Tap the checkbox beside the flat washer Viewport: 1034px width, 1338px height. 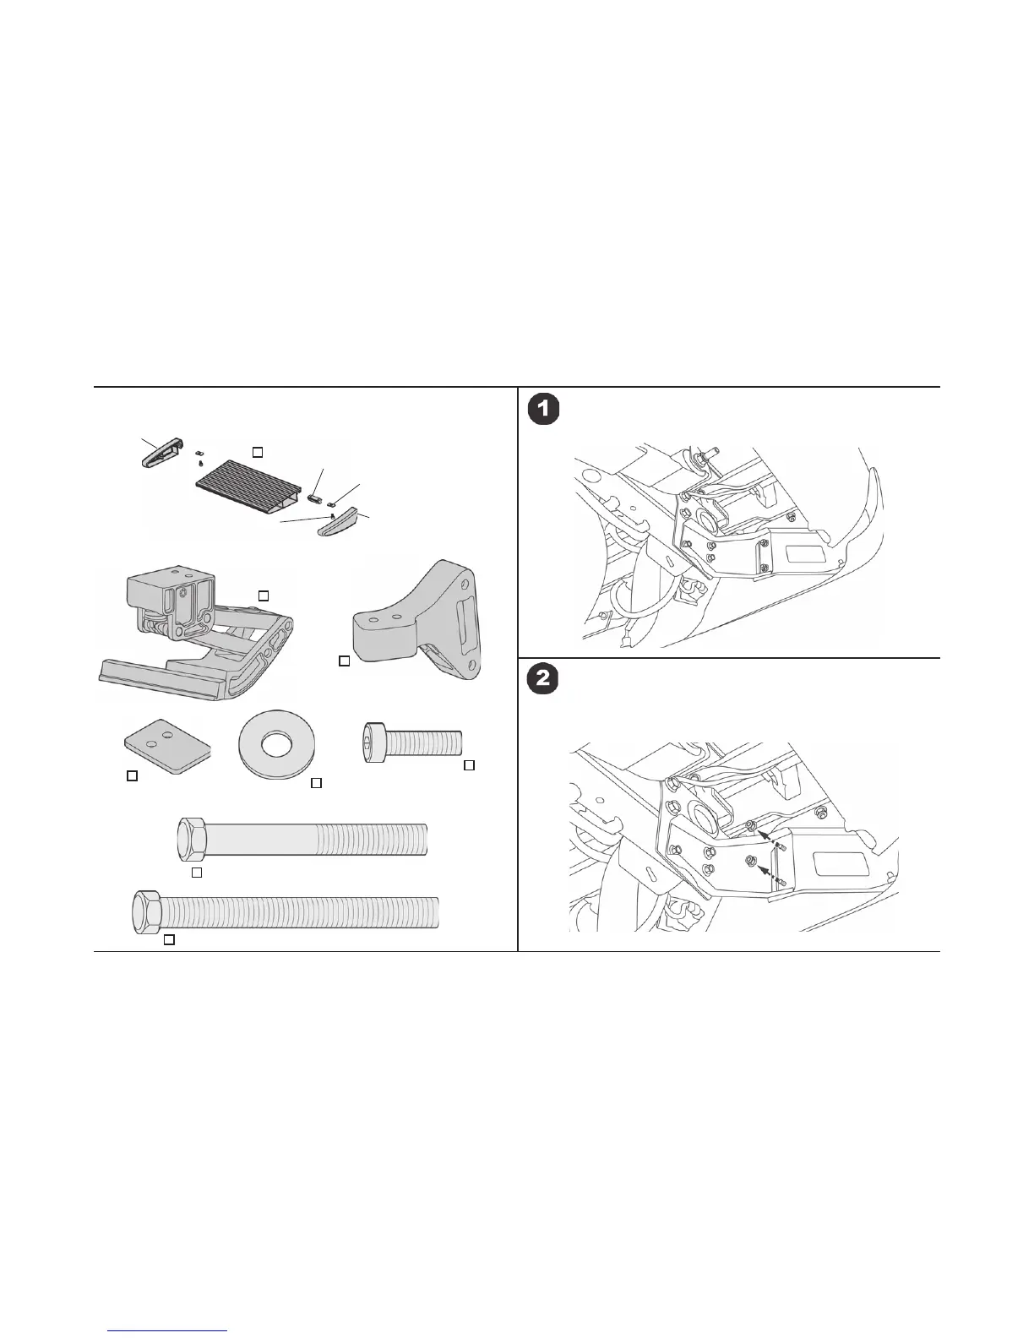[x=317, y=783]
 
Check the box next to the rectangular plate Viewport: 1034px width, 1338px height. [x=132, y=775]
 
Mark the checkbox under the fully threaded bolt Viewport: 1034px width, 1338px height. [x=169, y=939]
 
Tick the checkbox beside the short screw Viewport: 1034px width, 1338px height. [x=470, y=765]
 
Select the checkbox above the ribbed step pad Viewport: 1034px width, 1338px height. [x=258, y=452]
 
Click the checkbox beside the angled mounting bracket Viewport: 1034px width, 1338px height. [x=344, y=661]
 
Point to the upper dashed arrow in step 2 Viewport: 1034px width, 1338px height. [x=770, y=840]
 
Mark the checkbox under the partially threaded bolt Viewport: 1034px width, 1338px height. [x=196, y=871]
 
